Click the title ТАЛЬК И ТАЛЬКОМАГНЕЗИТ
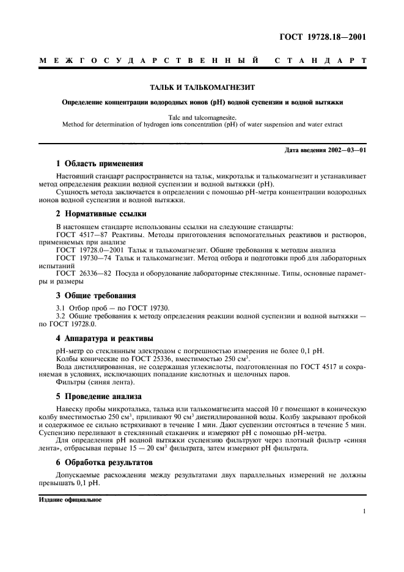pos(202,88)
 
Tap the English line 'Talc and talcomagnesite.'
pos(202,116)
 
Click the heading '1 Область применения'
pos(99,164)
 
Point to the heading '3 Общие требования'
pos(95,295)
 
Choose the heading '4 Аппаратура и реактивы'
pos(104,337)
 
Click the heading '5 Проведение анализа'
pos(98,396)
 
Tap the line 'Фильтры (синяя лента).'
pos(95,382)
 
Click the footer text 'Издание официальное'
pos(69,499)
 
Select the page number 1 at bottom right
pos(364,512)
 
